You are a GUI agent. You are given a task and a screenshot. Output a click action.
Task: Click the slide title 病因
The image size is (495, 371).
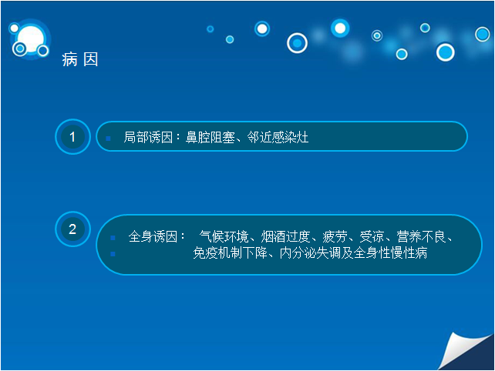[x=80, y=59]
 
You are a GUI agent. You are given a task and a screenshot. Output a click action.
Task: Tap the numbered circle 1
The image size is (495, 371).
[x=72, y=136]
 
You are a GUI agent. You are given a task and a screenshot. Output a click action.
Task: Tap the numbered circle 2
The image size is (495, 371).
[x=72, y=229]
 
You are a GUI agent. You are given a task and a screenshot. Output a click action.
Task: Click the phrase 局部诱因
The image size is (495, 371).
[x=148, y=138]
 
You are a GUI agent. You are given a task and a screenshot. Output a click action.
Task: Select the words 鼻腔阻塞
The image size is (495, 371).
[x=210, y=138]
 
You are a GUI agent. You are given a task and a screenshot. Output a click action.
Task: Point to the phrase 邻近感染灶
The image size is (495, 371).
[x=278, y=138]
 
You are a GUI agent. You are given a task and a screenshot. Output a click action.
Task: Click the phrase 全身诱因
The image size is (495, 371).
[x=153, y=237]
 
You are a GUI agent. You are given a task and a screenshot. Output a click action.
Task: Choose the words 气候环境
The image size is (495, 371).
[x=224, y=237]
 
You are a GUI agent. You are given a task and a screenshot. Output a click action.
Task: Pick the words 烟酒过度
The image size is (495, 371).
[x=285, y=237]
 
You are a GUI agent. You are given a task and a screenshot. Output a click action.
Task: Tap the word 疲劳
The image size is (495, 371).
[x=335, y=237]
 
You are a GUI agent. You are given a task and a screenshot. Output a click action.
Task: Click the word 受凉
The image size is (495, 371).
[x=372, y=237]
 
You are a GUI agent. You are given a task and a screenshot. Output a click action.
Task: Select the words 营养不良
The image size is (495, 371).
[x=421, y=237]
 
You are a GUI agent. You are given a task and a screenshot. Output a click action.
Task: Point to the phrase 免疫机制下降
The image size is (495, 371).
[x=230, y=252]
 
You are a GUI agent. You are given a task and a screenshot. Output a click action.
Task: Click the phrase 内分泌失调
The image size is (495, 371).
[x=310, y=252]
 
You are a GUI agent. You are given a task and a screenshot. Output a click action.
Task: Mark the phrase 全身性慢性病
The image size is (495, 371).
[x=390, y=252]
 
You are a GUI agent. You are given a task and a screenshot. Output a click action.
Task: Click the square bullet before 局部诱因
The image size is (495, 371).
[x=108, y=139]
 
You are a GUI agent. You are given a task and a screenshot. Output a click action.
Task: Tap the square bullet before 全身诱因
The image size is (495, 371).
[x=113, y=238]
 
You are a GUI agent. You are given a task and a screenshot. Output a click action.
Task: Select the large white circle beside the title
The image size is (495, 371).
[x=31, y=39]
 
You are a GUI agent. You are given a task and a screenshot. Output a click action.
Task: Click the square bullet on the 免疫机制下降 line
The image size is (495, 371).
[x=113, y=254]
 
